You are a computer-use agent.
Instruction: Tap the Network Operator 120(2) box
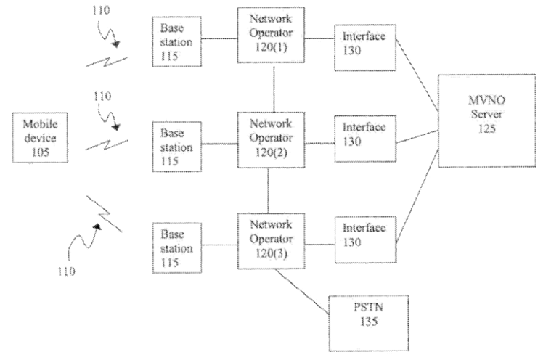point(269,137)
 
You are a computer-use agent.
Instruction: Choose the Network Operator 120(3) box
point(269,239)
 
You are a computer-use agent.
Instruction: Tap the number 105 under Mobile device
point(35,150)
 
